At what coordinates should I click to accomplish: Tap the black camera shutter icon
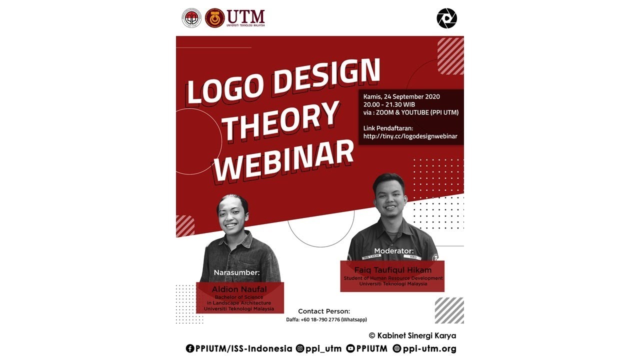(446, 18)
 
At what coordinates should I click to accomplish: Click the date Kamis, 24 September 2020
(401, 96)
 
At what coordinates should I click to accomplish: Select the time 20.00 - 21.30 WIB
(389, 104)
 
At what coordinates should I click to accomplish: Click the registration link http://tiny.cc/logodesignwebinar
(410, 136)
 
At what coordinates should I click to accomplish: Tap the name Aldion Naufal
(239, 289)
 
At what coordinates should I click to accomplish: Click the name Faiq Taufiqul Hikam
(392, 270)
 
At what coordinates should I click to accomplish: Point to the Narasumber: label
(237, 272)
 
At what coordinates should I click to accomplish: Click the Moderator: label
(394, 250)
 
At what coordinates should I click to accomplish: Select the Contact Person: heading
(324, 311)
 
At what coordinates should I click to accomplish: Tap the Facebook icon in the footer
(190, 348)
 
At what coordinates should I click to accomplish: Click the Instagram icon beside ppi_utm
(300, 348)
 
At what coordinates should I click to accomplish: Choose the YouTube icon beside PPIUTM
(350, 348)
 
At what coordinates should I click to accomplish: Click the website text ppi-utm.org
(429, 348)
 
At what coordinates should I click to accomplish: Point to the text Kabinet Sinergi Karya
(416, 335)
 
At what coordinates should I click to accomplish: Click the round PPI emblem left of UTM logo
(191, 18)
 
